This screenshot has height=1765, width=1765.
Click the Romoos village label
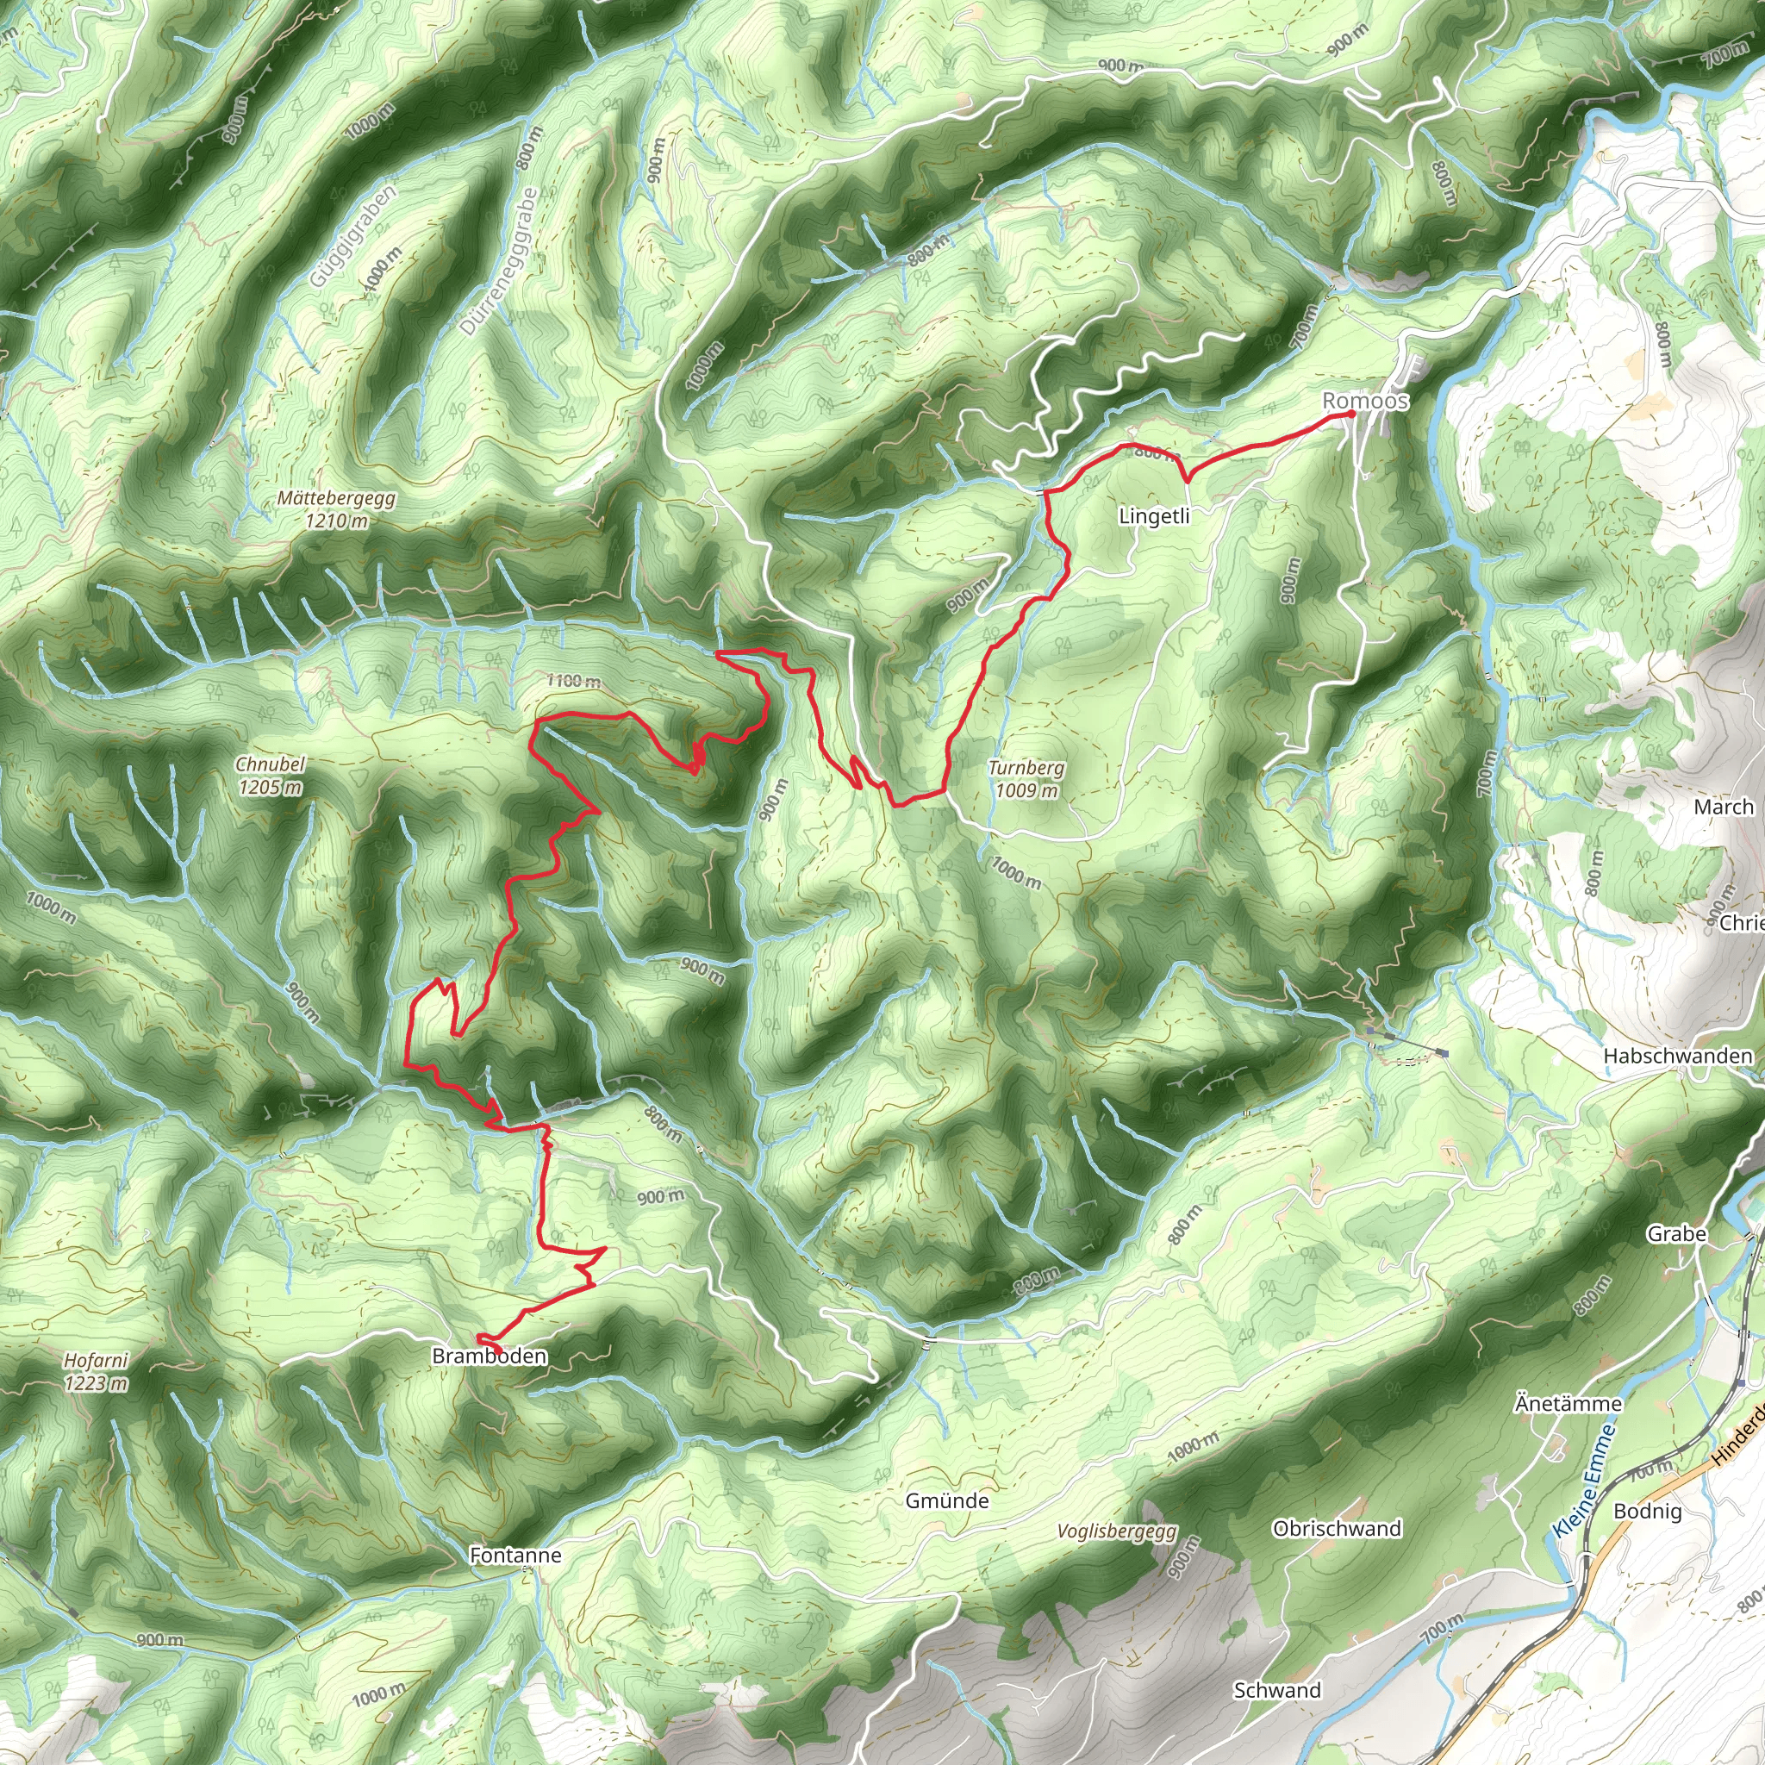(x=1365, y=401)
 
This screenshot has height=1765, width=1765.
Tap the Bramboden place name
(x=490, y=1356)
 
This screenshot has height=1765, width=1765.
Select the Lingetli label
(x=1154, y=517)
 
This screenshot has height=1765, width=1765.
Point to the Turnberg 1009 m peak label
(x=1026, y=779)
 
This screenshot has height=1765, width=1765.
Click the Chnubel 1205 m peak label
(x=271, y=776)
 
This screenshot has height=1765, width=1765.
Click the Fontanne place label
(x=515, y=1555)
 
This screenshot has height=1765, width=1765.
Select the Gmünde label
(x=946, y=1501)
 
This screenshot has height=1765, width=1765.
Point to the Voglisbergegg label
(x=1117, y=1531)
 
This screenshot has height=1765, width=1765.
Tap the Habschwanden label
(x=1678, y=1056)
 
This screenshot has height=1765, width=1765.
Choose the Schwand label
(x=1277, y=1691)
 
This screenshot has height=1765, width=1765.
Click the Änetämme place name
(x=1569, y=1403)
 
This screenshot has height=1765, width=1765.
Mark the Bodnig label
(x=1647, y=1511)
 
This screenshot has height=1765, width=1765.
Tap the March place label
(x=1724, y=808)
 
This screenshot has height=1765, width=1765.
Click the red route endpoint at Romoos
(x=1351, y=415)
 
